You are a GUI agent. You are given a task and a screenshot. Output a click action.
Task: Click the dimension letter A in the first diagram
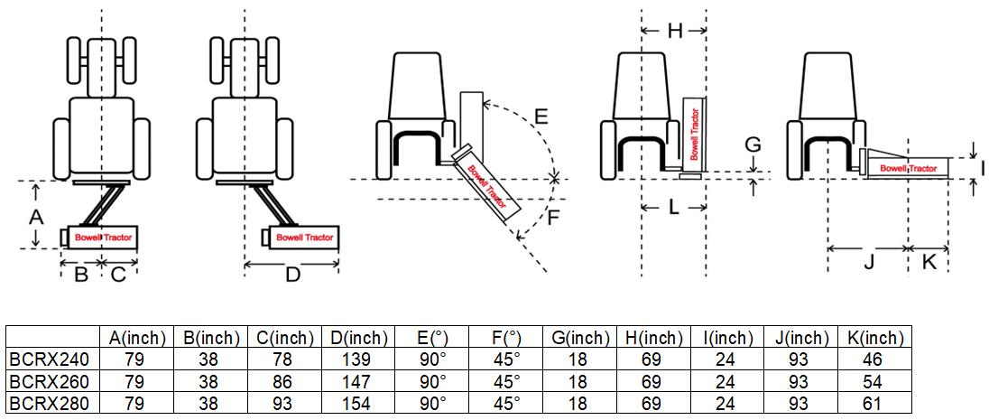(x=36, y=216)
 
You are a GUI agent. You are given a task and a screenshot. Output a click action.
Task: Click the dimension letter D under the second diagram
(x=292, y=275)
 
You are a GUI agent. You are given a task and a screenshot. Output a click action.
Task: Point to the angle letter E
(x=540, y=117)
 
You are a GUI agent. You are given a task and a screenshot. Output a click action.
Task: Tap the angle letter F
(x=554, y=218)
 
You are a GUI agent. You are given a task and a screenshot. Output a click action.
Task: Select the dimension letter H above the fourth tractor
(x=674, y=32)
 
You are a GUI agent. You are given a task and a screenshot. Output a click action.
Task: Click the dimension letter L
(x=673, y=208)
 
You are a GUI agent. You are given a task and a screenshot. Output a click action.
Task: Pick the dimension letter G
(x=753, y=145)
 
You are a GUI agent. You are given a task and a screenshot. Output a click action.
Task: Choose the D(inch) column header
(x=357, y=338)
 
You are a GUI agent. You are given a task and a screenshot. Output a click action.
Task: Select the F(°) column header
(x=505, y=338)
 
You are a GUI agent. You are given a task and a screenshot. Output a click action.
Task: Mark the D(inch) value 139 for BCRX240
(x=357, y=359)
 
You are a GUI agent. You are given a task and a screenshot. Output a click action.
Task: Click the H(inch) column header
(x=652, y=338)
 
